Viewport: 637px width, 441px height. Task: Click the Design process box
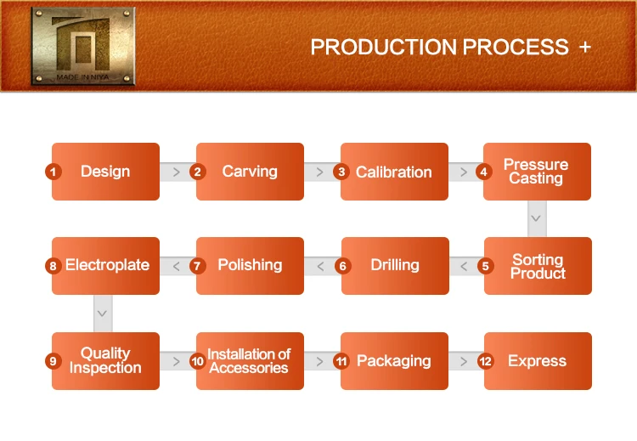tap(105, 172)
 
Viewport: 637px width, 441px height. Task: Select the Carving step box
tap(250, 172)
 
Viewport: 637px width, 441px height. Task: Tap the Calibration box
tap(394, 172)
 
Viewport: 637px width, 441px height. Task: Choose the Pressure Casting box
tap(537, 172)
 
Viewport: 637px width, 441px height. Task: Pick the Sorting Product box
tap(538, 266)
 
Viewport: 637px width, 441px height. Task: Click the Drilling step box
tap(395, 266)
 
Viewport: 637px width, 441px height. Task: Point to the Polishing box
tap(250, 266)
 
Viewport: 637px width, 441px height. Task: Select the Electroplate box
tap(106, 266)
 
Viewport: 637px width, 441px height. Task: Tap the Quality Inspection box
tap(105, 361)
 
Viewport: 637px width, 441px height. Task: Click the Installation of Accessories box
tap(250, 361)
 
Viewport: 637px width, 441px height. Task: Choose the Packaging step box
tap(394, 361)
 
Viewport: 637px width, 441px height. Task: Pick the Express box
tap(537, 361)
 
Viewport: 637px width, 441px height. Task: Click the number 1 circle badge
tap(53, 172)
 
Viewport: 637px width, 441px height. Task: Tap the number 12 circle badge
tap(485, 361)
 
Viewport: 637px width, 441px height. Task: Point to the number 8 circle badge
tap(53, 266)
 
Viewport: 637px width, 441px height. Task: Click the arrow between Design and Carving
tap(177, 172)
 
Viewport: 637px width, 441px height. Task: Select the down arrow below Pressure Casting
tap(536, 218)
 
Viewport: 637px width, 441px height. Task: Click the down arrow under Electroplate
tap(102, 314)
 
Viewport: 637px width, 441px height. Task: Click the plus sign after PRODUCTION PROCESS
tap(584, 48)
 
